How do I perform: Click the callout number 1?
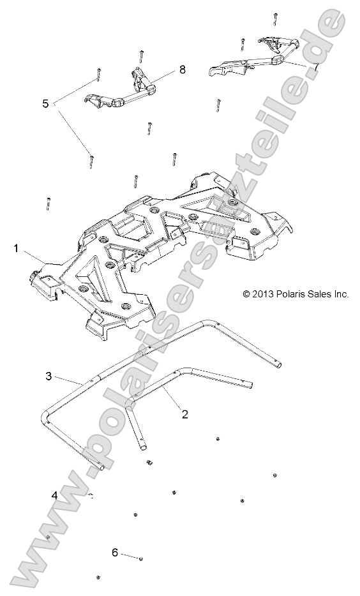point(16,248)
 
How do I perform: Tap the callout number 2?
point(184,414)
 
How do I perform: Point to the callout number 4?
point(55,495)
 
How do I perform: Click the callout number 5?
point(45,103)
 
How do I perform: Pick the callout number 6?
point(115,552)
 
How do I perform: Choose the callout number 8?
point(183,70)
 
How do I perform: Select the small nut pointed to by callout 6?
point(140,559)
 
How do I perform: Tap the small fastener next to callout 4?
point(92,495)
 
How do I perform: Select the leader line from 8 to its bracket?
point(163,77)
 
